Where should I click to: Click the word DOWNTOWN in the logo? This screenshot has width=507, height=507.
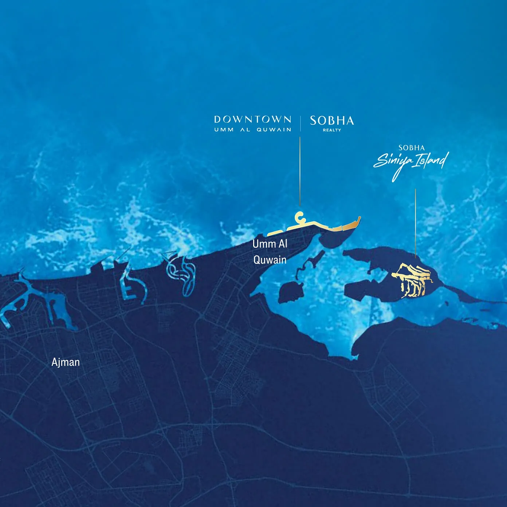(252, 119)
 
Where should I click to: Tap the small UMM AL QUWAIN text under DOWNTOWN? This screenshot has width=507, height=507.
(252, 130)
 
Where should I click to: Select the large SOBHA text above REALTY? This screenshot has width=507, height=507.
(332, 121)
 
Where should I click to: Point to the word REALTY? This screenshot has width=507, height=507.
(332, 130)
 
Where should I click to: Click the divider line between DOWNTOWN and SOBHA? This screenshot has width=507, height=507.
(300, 123)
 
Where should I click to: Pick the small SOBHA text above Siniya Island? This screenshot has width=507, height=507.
(411, 148)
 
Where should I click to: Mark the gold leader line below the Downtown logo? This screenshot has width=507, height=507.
(300, 171)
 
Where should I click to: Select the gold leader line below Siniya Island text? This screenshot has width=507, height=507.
(416, 222)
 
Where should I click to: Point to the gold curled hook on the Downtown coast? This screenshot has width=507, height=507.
(299, 217)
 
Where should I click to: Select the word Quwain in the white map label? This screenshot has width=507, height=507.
(270, 260)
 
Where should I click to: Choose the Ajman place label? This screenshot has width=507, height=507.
(66, 362)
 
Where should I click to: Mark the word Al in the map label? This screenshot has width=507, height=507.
(283, 243)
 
